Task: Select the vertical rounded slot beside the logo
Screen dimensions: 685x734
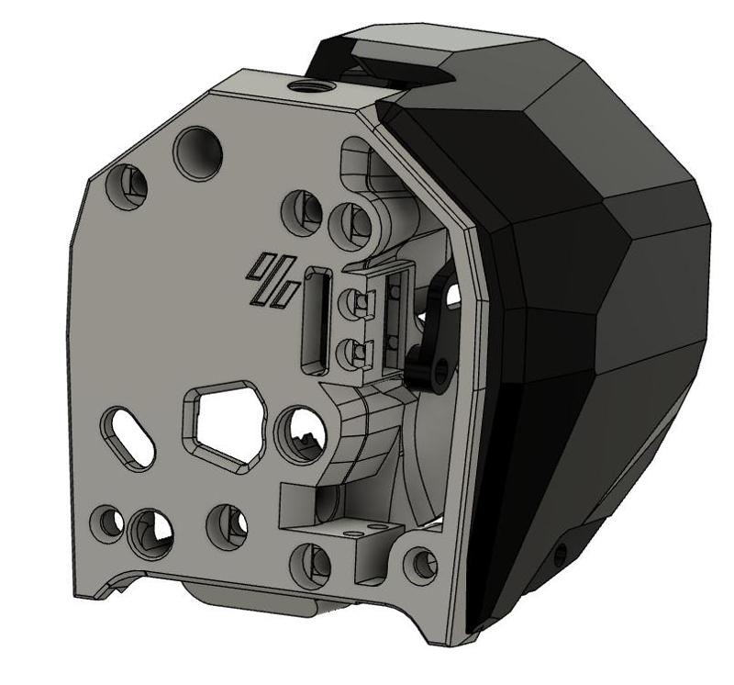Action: click(317, 319)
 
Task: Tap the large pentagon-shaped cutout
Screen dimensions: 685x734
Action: click(226, 424)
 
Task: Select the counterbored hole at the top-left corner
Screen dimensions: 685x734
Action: click(127, 185)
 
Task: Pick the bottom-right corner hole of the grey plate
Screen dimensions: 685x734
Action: click(421, 561)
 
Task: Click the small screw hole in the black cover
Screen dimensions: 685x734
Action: click(559, 553)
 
